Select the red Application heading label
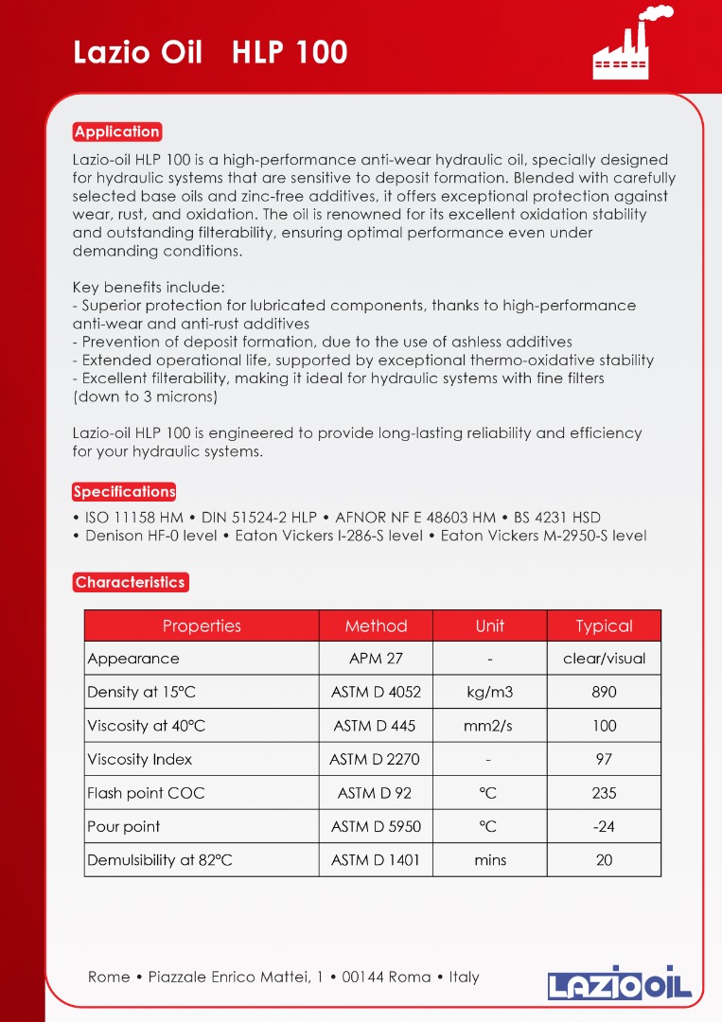(x=117, y=132)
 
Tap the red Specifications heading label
(x=124, y=491)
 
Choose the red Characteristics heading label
(x=131, y=582)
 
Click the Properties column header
(x=202, y=626)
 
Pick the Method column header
(x=376, y=626)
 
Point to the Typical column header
(x=604, y=626)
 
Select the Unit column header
(x=490, y=626)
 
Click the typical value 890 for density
(x=604, y=692)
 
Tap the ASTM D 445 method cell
(x=376, y=726)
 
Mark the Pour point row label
(x=124, y=826)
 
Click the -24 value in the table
(x=604, y=826)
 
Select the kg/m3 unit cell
(x=490, y=692)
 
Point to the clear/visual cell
(x=604, y=659)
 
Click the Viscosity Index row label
(x=140, y=759)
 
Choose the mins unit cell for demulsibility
(x=490, y=860)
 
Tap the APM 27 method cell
(x=376, y=659)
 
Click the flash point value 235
(x=604, y=793)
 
